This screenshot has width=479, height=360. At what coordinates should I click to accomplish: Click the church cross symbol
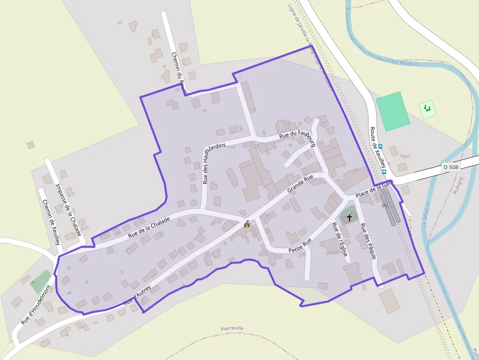point(349,217)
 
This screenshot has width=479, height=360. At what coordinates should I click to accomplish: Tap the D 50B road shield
point(451,167)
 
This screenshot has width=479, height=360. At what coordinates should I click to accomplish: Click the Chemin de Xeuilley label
point(51,222)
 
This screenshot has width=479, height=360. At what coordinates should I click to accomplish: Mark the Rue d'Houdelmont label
point(35,305)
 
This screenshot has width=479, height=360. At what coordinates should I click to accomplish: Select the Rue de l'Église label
point(340,239)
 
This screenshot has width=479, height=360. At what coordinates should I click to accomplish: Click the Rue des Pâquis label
point(369,241)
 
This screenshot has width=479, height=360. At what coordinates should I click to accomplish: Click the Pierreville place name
point(232,328)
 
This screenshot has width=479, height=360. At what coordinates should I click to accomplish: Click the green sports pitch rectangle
point(392,111)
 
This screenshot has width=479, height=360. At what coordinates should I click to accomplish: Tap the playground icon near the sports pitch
point(428,108)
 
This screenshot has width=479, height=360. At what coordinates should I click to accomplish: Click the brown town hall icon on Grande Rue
point(247,224)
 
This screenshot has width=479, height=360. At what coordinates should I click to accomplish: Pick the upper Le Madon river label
point(405,63)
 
